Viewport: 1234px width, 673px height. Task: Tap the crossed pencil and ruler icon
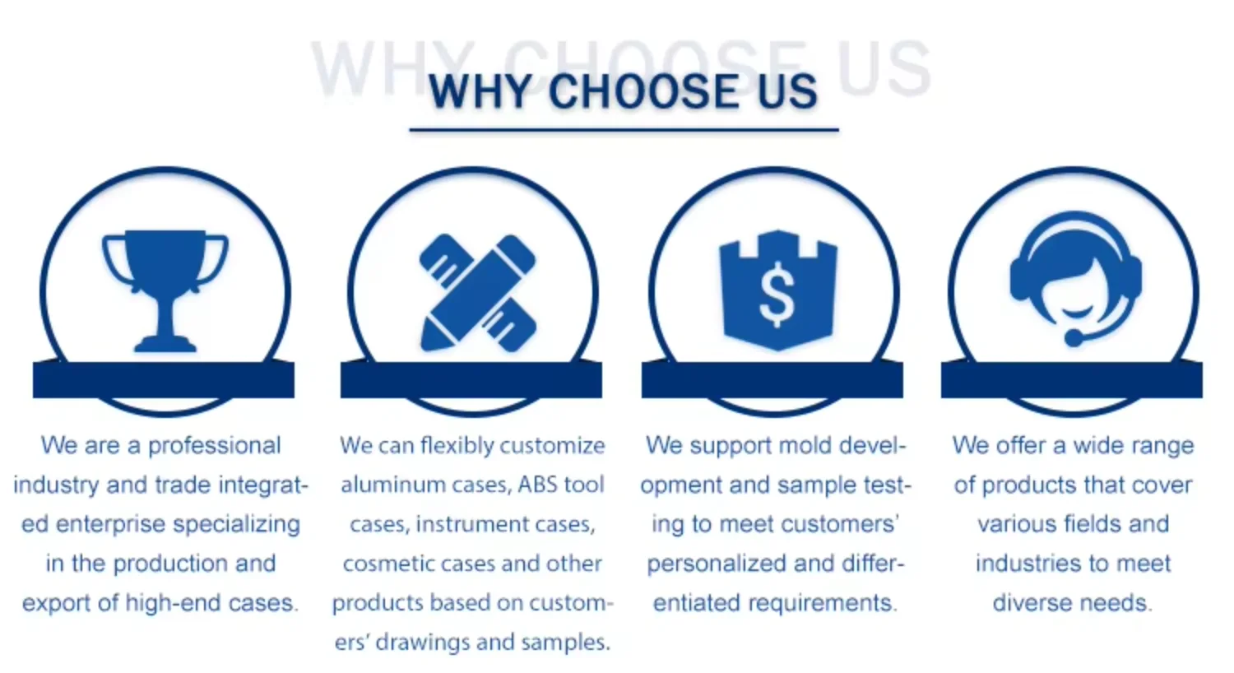tap(477, 292)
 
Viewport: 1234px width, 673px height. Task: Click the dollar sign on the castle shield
tap(777, 295)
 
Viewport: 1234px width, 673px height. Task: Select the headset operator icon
tap(1075, 279)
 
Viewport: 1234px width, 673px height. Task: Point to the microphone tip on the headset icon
tap(1074, 337)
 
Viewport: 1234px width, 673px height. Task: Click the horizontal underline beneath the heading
tap(624, 130)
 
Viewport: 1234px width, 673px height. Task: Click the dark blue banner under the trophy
tap(164, 379)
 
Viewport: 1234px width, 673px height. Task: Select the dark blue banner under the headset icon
tap(1071, 379)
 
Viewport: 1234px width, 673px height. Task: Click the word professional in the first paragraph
tap(214, 446)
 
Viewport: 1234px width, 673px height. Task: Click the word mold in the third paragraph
tap(805, 446)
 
